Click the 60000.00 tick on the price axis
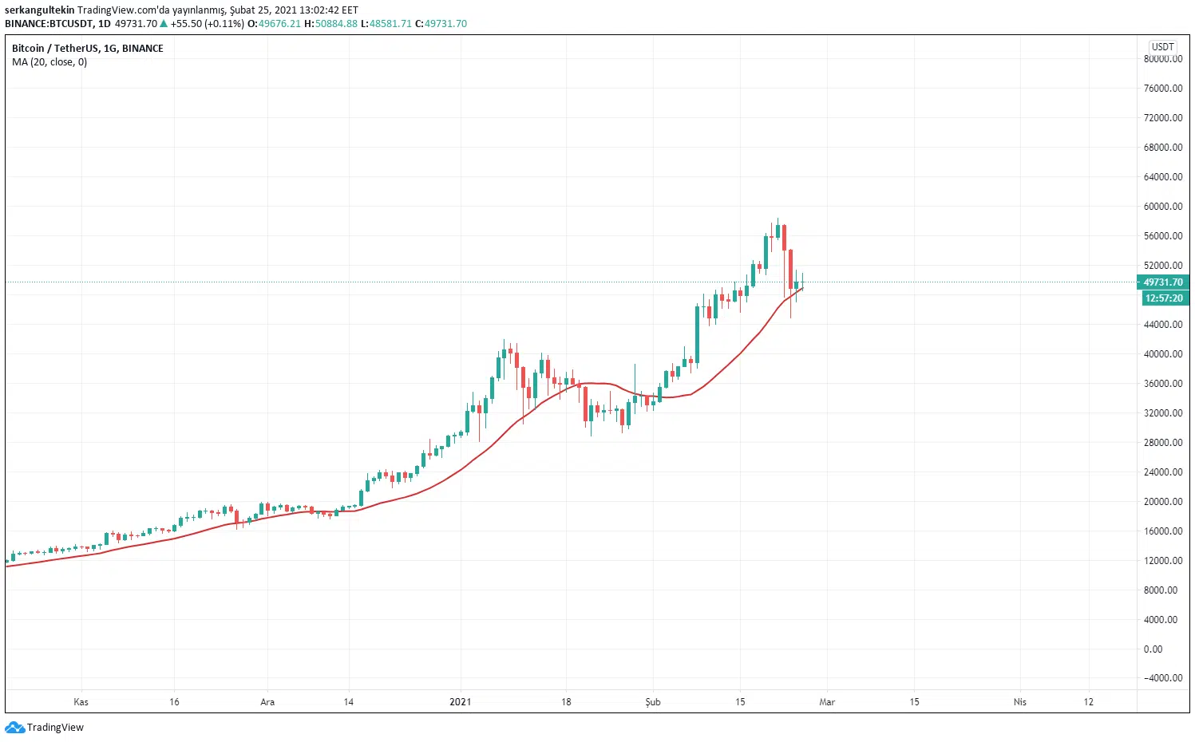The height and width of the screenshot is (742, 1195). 1162,207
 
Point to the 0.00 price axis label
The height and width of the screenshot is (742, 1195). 1153,649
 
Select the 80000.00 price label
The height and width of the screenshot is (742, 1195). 1162,59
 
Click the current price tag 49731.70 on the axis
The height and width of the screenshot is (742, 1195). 1162,282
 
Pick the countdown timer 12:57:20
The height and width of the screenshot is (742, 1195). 1163,298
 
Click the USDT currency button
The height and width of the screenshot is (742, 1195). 1162,47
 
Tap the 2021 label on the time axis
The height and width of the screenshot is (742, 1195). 460,702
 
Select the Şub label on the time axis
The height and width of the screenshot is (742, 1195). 653,702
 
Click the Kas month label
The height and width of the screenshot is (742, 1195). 81,702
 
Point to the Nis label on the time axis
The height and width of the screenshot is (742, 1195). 1019,702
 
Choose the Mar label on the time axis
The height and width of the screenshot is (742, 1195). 827,702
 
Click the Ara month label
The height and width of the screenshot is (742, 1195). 267,702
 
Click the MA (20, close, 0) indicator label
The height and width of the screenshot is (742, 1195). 49,62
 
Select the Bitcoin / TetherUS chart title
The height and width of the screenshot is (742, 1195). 87,49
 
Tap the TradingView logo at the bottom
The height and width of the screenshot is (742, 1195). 45,728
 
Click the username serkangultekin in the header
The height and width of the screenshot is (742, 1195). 39,10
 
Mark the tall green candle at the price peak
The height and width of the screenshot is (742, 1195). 766,251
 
